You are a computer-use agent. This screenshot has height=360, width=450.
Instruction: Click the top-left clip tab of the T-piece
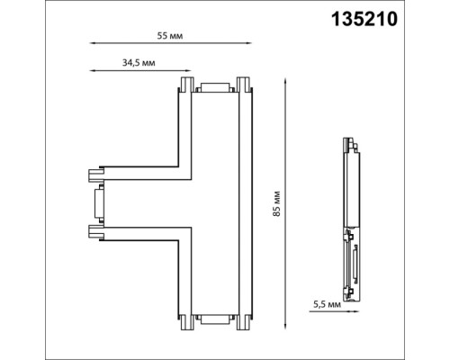(185, 85)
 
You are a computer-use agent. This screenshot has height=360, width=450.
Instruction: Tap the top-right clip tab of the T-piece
(243, 85)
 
